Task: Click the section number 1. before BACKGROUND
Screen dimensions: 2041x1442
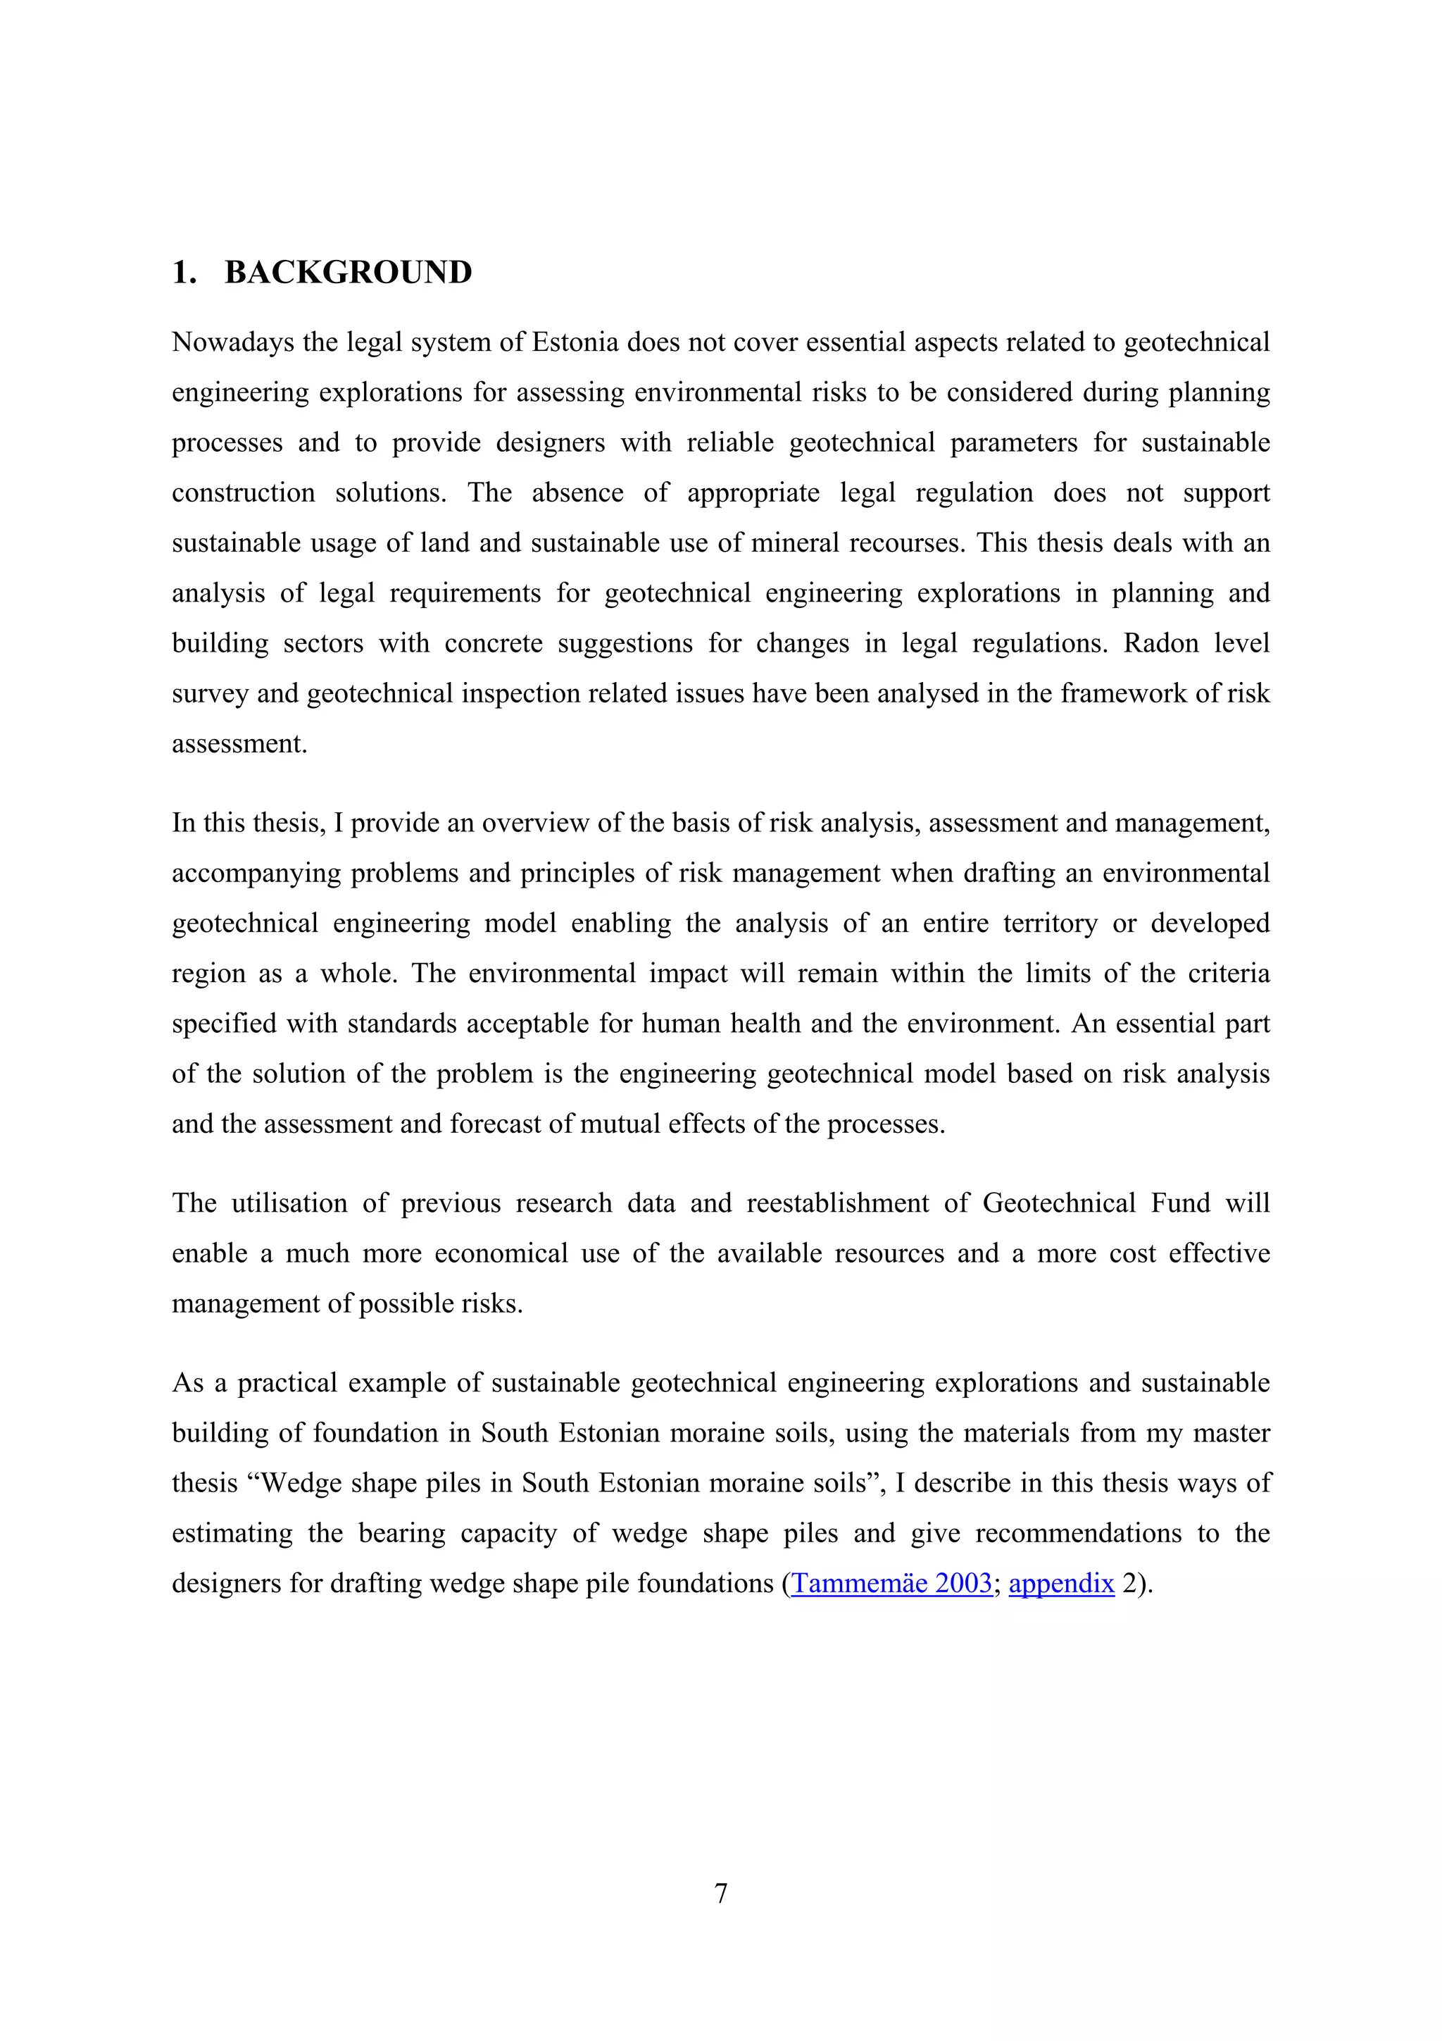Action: click(184, 272)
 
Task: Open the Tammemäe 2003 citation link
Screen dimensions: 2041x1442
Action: click(891, 1583)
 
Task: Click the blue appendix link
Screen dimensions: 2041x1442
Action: click(1061, 1583)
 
